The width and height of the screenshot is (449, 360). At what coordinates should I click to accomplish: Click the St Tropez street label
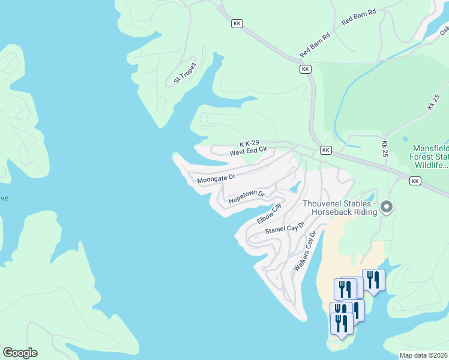185,73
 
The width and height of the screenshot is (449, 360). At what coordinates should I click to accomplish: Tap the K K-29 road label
249,144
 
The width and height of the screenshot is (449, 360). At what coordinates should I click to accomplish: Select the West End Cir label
247,152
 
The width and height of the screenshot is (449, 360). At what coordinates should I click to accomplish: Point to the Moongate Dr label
216,178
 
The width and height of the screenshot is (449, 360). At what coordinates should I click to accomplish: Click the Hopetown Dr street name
247,196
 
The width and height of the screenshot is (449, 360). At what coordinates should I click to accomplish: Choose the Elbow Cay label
269,214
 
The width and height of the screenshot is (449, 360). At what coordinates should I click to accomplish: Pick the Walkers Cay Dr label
304,254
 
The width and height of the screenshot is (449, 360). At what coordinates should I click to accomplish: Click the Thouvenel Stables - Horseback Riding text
339,208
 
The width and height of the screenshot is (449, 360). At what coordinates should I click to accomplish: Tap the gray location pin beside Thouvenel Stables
387,208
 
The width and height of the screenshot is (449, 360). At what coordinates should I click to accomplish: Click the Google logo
20,353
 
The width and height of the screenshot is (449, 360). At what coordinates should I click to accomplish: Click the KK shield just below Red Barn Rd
306,70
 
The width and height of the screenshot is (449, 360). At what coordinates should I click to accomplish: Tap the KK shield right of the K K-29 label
325,150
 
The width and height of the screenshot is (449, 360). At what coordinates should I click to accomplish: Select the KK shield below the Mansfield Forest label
415,181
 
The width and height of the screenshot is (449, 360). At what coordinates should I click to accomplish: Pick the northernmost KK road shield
237,23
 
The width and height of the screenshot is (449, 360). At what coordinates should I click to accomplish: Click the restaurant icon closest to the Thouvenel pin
373,280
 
